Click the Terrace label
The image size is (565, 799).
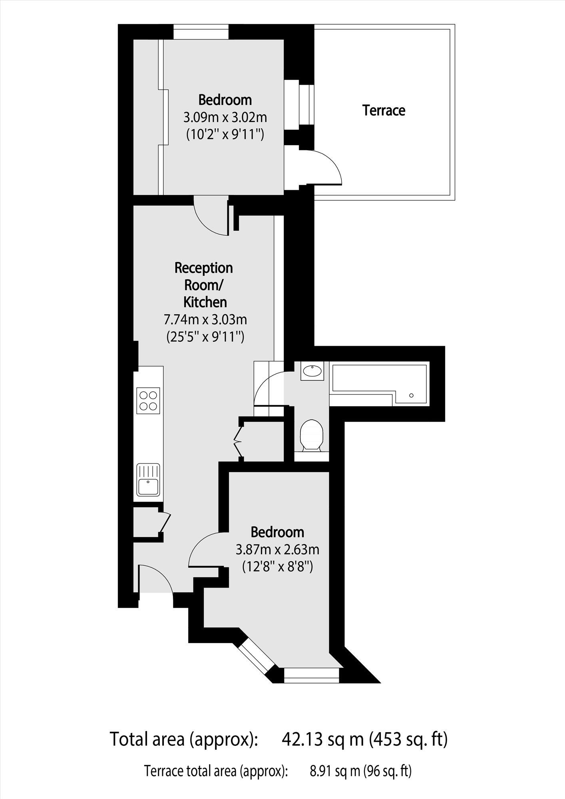pyautogui.click(x=384, y=110)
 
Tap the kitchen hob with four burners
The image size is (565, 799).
pyautogui.click(x=148, y=400)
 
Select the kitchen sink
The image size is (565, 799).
pyautogui.click(x=148, y=480)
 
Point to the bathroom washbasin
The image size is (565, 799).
pyautogui.click(x=312, y=371)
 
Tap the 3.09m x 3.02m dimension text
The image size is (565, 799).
pyautogui.click(x=225, y=118)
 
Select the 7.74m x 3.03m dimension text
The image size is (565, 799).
pyautogui.click(x=205, y=320)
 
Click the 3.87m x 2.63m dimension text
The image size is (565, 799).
pyautogui.click(x=277, y=550)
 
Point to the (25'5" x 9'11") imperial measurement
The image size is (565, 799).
pyautogui.click(x=205, y=337)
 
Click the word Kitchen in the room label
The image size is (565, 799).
pyautogui.click(x=205, y=302)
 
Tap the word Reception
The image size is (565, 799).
pyautogui.click(x=203, y=268)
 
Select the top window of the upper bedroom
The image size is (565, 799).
pyautogui.click(x=201, y=32)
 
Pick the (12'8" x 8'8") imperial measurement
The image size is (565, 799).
pyautogui.click(x=277, y=567)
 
